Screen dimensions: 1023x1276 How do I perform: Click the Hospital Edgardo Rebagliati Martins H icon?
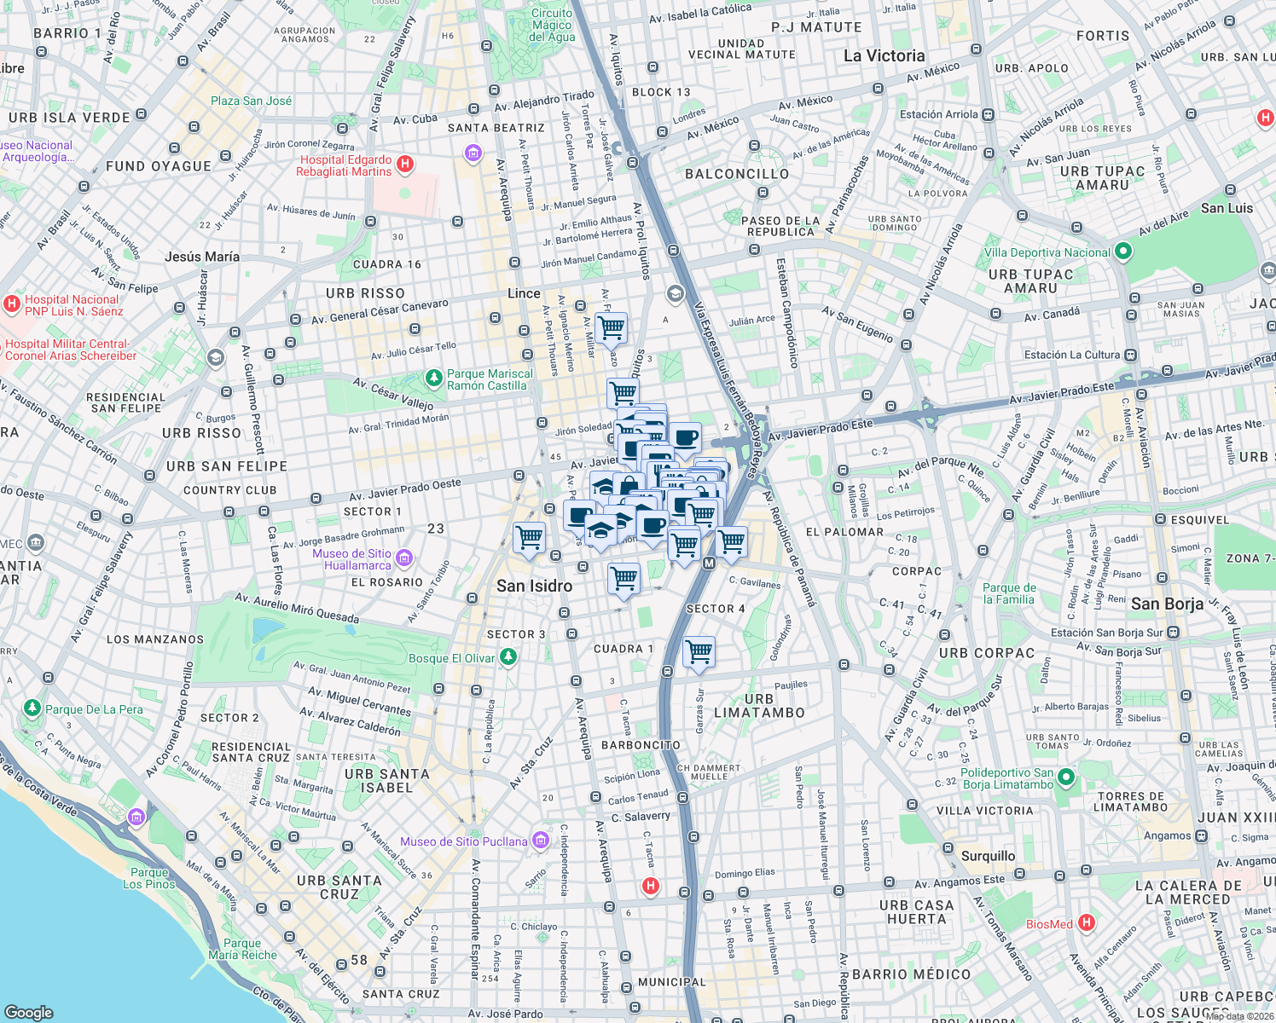click(406, 164)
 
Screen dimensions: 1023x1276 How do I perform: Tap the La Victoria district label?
click(884, 56)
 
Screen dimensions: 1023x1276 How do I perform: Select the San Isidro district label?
click(534, 586)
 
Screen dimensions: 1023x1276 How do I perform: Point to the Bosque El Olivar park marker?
click(508, 657)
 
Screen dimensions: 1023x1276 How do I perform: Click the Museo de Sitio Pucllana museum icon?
click(540, 841)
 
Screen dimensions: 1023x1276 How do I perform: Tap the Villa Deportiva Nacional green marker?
click(1123, 251)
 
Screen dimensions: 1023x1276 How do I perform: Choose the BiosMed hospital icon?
click(1086, 922)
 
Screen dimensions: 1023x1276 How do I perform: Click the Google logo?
click(29, 1012)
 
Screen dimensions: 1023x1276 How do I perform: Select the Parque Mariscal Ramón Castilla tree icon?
click(434, 378)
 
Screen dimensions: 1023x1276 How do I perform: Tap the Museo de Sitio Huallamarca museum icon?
click(404, 558)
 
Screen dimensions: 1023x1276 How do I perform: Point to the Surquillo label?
click(988, 856)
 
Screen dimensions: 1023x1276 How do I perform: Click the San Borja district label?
click(1167, 604)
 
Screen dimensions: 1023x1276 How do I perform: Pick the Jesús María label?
click(202, 257)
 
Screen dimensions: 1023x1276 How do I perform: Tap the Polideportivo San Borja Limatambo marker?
click(1065, 777)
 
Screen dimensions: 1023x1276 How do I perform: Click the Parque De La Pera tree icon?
click(32, 708)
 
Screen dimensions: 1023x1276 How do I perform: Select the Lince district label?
click(524, 293)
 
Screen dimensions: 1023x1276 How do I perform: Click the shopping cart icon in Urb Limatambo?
click(699, 652)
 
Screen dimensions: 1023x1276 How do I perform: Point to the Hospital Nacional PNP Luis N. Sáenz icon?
click(12, 303)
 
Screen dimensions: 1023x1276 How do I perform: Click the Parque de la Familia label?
click(1009, 593)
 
